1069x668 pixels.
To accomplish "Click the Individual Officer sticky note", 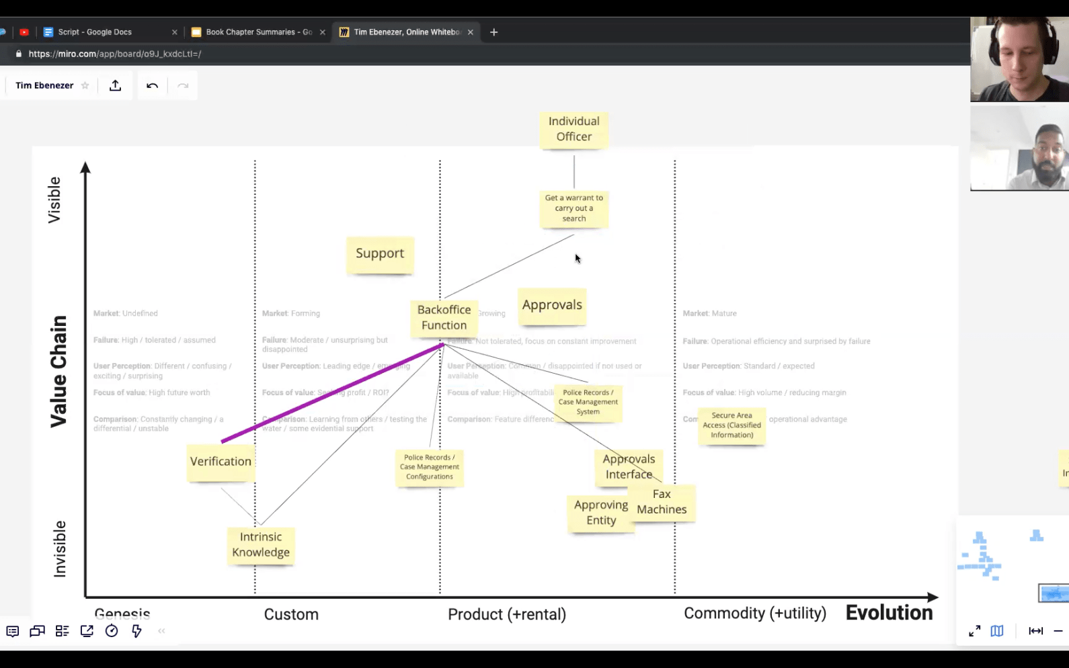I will click(573, 129).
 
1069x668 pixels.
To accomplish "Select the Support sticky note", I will click(380, 254).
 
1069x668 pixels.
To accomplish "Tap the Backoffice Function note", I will click(444, 317).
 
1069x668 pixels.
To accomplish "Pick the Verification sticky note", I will click(221, 462).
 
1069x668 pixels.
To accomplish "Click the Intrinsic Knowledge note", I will click(261, 545).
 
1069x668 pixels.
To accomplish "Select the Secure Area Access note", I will click(731, 425).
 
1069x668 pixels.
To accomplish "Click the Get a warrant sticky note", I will click(574, 208).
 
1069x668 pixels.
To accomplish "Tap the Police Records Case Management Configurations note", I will click(429, 467).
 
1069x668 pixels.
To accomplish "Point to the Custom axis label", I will click(291, 614).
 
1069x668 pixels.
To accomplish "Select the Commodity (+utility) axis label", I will click(755, 613).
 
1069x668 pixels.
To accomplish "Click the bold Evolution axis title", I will click(889, 613).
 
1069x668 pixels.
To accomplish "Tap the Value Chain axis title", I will click(59, 371).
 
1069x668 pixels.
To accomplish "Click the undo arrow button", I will click(153, 85).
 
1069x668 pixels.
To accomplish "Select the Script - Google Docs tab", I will click(94, 32).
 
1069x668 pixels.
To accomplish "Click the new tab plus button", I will click(494, 32).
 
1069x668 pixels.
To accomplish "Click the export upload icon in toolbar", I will click(116, 85).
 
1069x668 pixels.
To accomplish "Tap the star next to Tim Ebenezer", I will click(85, 85).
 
